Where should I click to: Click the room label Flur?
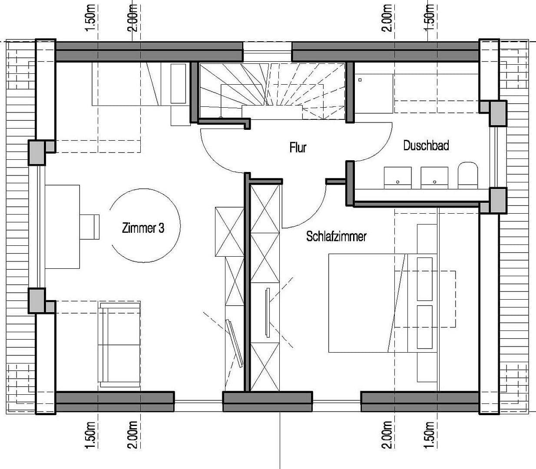point(298,148)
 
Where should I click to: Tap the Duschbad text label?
point(426,145)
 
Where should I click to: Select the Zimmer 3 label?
point(143,228)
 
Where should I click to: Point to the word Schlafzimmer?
point(336,236)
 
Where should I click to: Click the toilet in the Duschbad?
point(467,175)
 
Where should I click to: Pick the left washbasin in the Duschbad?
point(397,177)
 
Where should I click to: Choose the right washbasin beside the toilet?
point(434,177)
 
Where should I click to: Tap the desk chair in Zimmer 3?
point(90,226)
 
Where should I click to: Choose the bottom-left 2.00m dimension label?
point(133,434)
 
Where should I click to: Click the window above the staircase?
point(267,52)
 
